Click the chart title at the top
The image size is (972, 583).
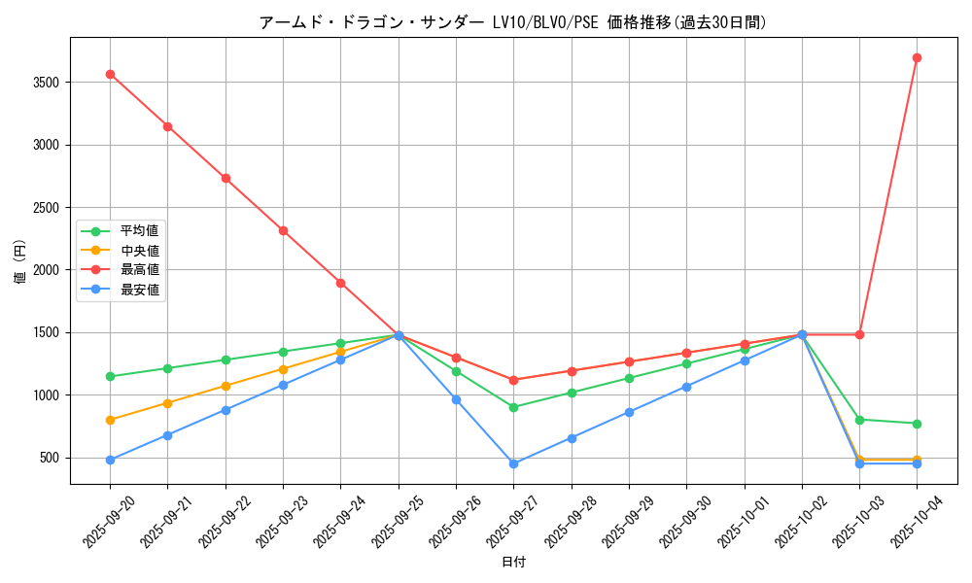512,22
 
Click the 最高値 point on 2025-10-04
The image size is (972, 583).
917,57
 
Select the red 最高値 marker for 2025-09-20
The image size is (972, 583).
110,74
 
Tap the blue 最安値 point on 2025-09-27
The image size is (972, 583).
513,463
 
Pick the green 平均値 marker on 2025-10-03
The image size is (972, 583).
859,420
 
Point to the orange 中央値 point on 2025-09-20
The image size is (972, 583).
110,420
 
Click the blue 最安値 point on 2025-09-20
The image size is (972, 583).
110,460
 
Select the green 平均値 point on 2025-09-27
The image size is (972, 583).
513,407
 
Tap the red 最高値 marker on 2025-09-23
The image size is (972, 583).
283,230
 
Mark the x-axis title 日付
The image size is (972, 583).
512,563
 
